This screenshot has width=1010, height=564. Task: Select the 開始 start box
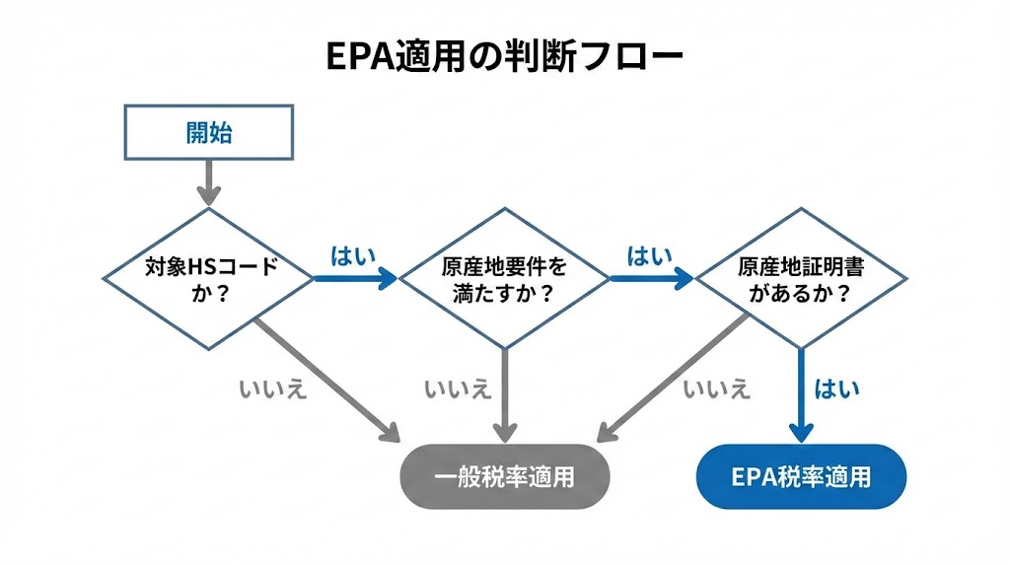point(208,132)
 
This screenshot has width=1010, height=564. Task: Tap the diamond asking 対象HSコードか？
point(208,279)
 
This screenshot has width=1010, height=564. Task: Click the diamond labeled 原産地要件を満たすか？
point(504,279)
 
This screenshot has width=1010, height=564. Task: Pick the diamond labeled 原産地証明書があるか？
point(800,279)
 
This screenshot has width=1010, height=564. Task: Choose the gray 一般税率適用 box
point(504,476)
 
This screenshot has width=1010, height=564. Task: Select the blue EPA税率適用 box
point(800,476)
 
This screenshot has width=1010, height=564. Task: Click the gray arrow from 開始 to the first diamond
point(208,182)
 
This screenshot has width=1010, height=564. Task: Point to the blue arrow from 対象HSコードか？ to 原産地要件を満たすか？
point(355,279)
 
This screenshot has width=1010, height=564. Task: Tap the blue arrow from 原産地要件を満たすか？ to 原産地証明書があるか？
point(651,279)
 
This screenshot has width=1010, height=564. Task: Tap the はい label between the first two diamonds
point(352,256)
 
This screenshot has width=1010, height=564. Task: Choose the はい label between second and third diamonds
point(649,256)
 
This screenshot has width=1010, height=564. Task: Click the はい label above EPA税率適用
point(836,388)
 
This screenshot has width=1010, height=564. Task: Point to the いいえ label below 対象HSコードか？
point(272,388)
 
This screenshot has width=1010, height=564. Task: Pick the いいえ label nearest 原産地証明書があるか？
point(716,388)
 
